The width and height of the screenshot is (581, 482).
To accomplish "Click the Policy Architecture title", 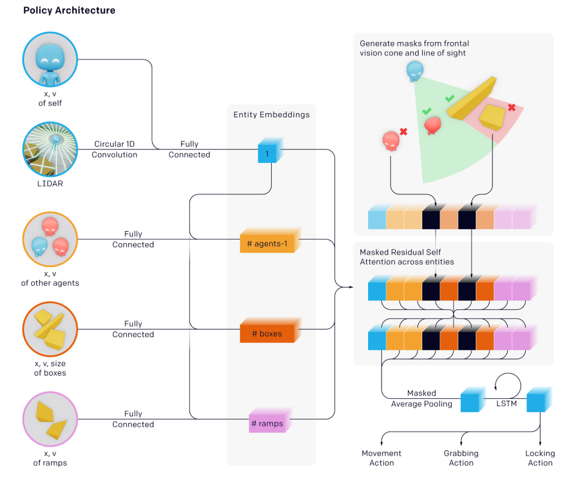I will point(69,11).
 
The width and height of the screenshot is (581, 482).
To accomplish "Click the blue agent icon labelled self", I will point(50,60).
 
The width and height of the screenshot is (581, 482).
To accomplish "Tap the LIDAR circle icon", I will point(50,150).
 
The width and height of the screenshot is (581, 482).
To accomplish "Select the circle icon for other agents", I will point(50,241).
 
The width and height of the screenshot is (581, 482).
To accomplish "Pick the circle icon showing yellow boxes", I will point(50,330).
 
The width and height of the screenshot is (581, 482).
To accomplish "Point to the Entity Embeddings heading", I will point(271,114).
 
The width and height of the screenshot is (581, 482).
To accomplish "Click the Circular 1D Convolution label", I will point(114,150).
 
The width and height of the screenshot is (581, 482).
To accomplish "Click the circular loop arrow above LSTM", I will point(506,383).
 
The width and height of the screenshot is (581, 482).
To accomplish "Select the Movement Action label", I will point(381,458).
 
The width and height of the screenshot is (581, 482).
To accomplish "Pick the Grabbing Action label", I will point(461,458).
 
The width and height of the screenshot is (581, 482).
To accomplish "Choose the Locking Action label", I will point(540,458).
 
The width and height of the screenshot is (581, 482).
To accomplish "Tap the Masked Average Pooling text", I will point(422,398).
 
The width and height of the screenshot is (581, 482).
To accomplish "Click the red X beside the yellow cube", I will point(512,108).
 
